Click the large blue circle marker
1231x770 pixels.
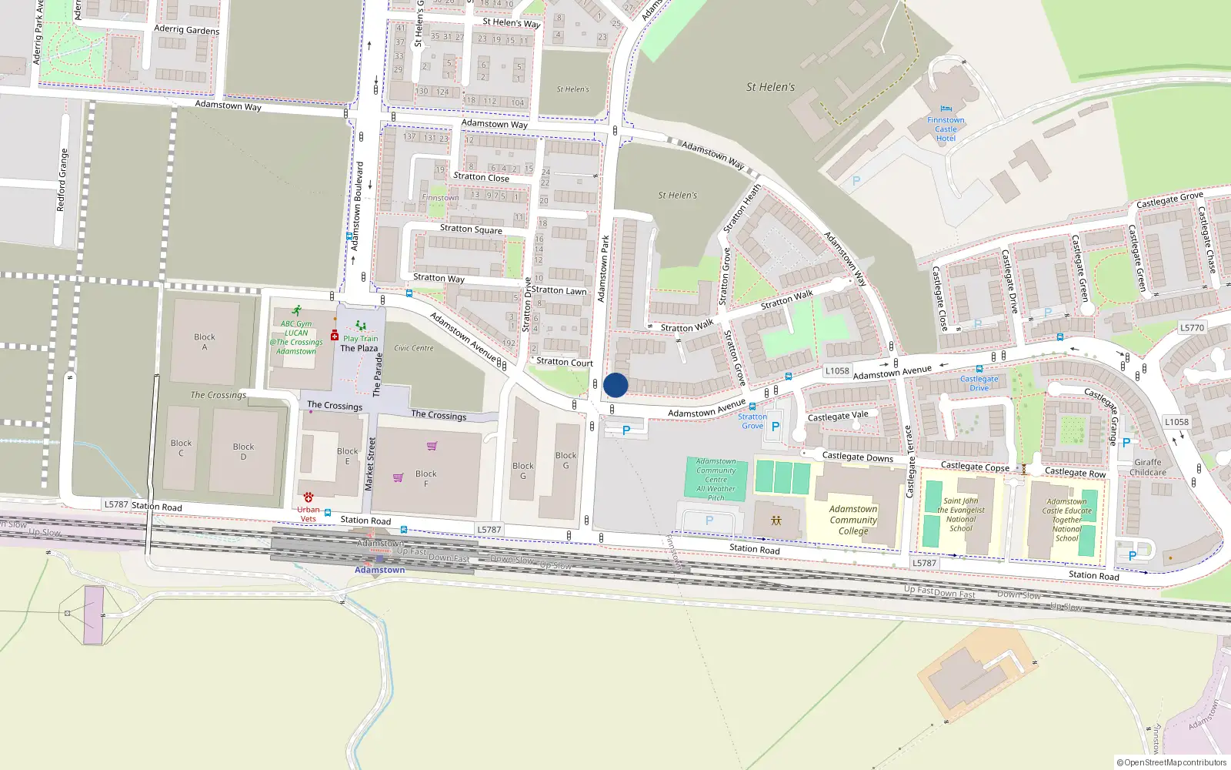(x=615, y=385)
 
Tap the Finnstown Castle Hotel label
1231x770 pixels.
(x=946, y=129)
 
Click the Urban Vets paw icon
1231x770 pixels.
(x=309, y=497)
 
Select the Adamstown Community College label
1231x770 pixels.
(x=853, y=520)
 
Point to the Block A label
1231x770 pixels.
(x=205, y=342)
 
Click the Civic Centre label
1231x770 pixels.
(x=414, y=348)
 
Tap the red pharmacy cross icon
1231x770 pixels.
(x=335, y=336)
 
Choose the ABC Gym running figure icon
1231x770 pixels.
(x=296, y=311)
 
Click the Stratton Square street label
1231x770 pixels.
(x=471, y=229)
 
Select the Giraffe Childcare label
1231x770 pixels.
(x=1148, y=467)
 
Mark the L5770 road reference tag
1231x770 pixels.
(x=1192, y=327)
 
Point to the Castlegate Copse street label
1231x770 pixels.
(x=975, y=466)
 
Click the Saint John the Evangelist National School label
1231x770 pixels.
(x=961, y=514)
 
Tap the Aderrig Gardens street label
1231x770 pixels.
(x=187, y=29)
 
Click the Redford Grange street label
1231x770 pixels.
(x=62, y=180)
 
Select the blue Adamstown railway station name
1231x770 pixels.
(x=379, y=570)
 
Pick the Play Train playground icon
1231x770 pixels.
(x=361, y=326)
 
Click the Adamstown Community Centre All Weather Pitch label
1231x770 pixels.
(x=716, y=480)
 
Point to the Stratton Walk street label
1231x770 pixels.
(x=687, y=326)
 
